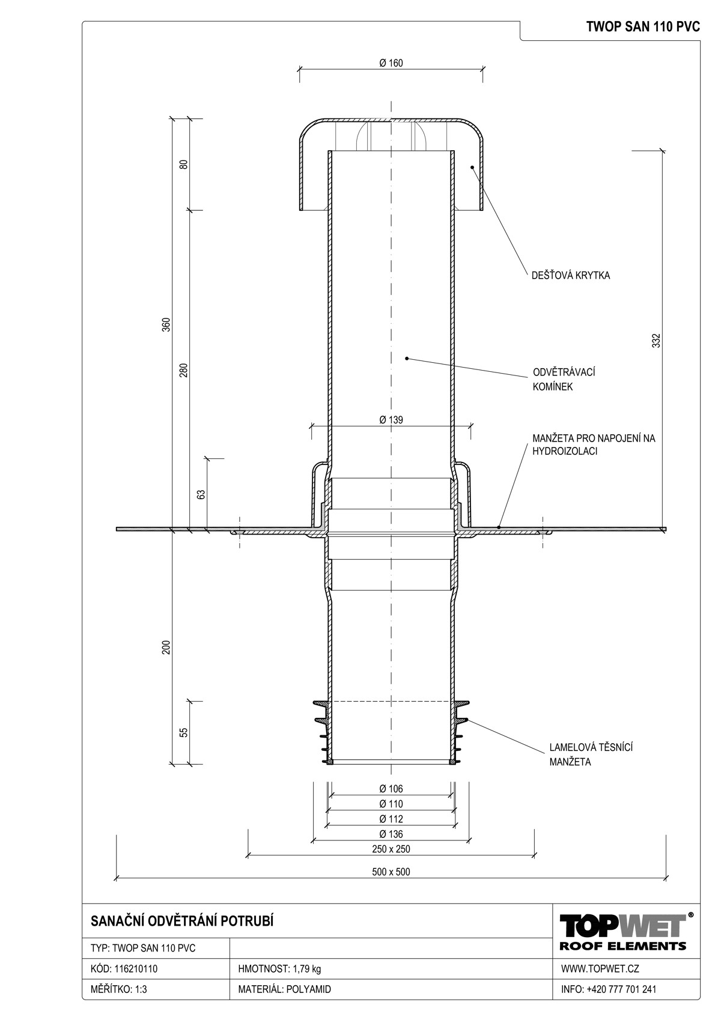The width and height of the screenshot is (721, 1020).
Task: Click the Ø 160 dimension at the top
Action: (x=391, y=63)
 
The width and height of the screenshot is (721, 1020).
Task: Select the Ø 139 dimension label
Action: (x=391, y=419)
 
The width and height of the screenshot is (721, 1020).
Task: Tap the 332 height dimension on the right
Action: (x=656, y=341)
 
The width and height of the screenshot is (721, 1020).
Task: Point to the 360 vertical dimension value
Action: (x=166, y=324)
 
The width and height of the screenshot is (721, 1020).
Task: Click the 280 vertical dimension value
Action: (x=183, y=370)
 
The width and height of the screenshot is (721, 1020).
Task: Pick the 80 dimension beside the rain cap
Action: (x=183, y=165)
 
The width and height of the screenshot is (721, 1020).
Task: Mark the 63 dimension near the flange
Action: (x=201, y=494)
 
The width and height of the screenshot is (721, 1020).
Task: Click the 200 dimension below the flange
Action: (x=166, y=648)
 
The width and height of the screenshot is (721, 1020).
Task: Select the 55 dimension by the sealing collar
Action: (x=183, y=733)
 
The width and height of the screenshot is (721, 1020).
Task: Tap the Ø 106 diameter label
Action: (x=391, y=789)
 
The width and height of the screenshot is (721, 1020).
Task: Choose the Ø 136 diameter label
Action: (x=391, y=834)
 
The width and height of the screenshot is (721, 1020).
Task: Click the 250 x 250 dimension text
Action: (x=391, y=849)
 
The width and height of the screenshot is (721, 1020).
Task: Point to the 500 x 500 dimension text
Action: (x=391, y=872)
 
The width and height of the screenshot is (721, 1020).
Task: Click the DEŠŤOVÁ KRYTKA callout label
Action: (x=571, y=275)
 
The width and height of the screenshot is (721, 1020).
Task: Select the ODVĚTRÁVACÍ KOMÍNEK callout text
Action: (x=564, y=379)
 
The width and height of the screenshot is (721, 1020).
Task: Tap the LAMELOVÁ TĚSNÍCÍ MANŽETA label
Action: (x=591, y=754)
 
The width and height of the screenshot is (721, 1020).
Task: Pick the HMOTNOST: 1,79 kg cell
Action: (x=279, y=968)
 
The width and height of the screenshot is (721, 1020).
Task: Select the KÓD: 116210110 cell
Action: (x=124, y=968)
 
